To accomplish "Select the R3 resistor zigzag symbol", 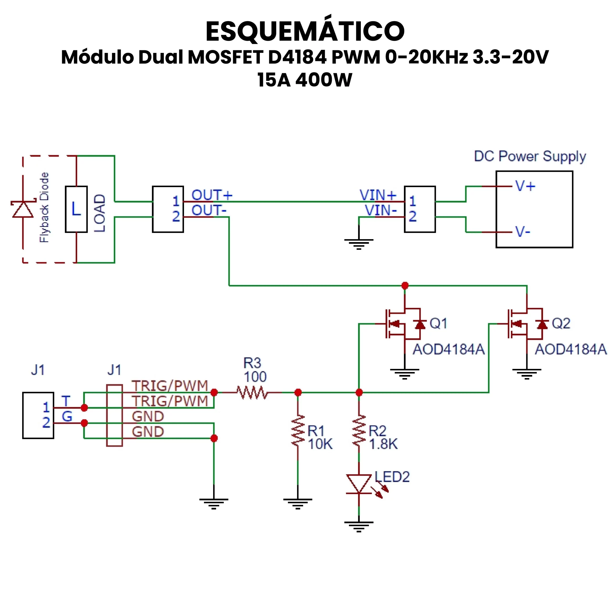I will pyautogui.click(x=252, y=393).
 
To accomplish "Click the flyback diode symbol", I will pyautogui.click(x=23, y=209).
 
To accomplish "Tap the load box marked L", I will pyautogui.click(x=76, y=209).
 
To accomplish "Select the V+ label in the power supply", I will pyautogui.click(x=525, y=186).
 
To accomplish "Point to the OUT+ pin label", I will pyautogui.click(x=212, y=195).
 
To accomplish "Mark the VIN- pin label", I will pyautogui.click(x=381, y=211).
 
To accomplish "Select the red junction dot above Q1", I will pyautogui.click(x=405, y=286).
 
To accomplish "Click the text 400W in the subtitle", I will pyautogui.click(x=324, y=80).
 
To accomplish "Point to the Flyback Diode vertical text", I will pyautogui.click(x=44, y=208).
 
